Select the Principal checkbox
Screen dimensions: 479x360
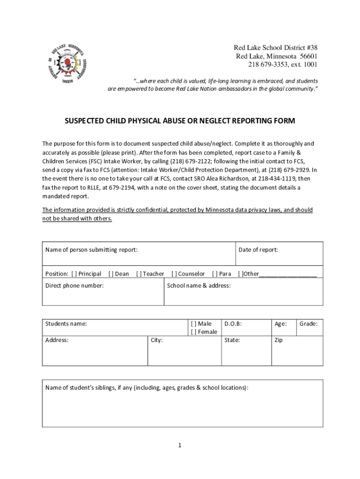tap(74, 274)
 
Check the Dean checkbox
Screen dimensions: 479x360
tap(111, 274)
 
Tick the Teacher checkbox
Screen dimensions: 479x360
tap(139, 274)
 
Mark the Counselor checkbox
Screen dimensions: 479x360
tap(174, 274)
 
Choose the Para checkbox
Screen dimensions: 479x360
tap(215, 274)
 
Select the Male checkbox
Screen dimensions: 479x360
tap(194, 324)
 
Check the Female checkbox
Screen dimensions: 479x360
tap(194, 332)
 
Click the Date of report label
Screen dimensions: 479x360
tap(258, 250)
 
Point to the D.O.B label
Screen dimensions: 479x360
tap(233, 324)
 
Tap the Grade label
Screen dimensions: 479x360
tap(309, 324)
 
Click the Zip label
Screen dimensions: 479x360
tap(279, 340)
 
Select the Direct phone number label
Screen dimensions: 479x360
tap(74, 285)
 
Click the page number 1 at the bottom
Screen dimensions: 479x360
tap(180, 445)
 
